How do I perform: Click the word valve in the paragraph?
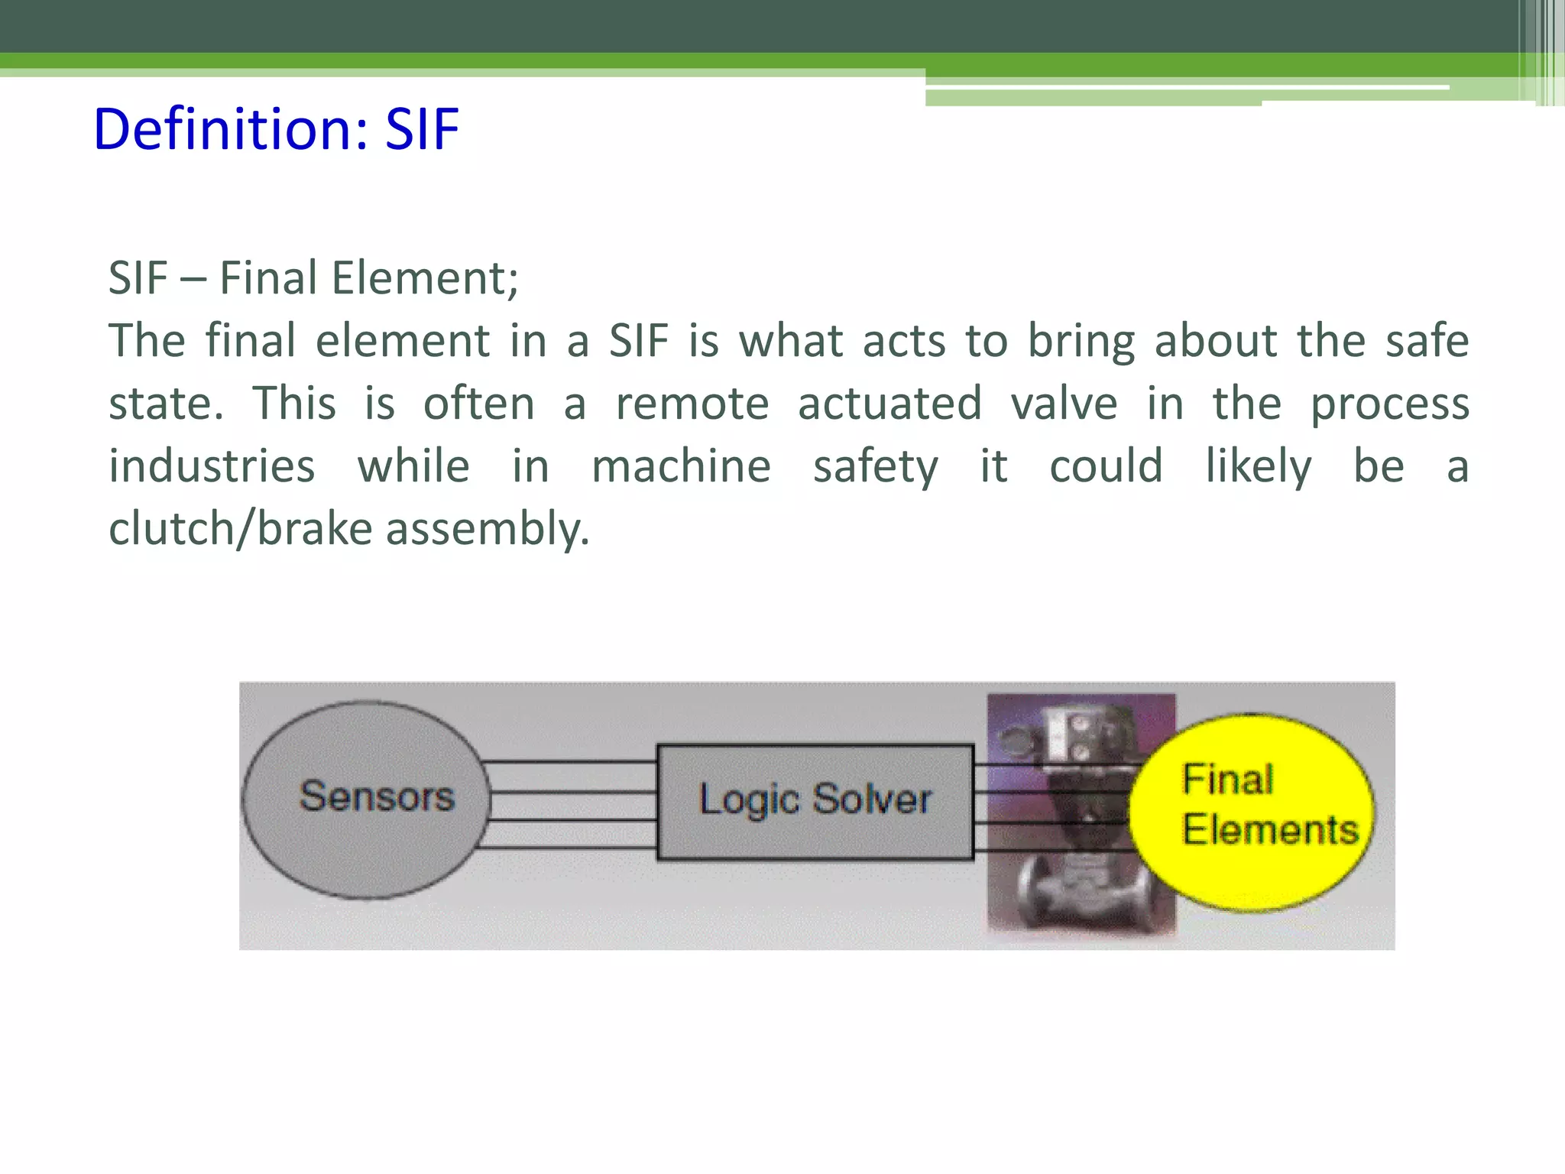(1064, 404)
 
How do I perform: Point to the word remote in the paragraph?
(692, 404)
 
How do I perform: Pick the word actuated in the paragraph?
(889, 404)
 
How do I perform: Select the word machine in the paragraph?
(681, 466)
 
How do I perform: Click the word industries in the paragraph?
(212, 466)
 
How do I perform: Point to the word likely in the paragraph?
(1258, 466)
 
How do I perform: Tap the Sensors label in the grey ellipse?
(377, 796)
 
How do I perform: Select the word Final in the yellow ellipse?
(1227, 780)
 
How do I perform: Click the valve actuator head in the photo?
(1070, 734)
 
